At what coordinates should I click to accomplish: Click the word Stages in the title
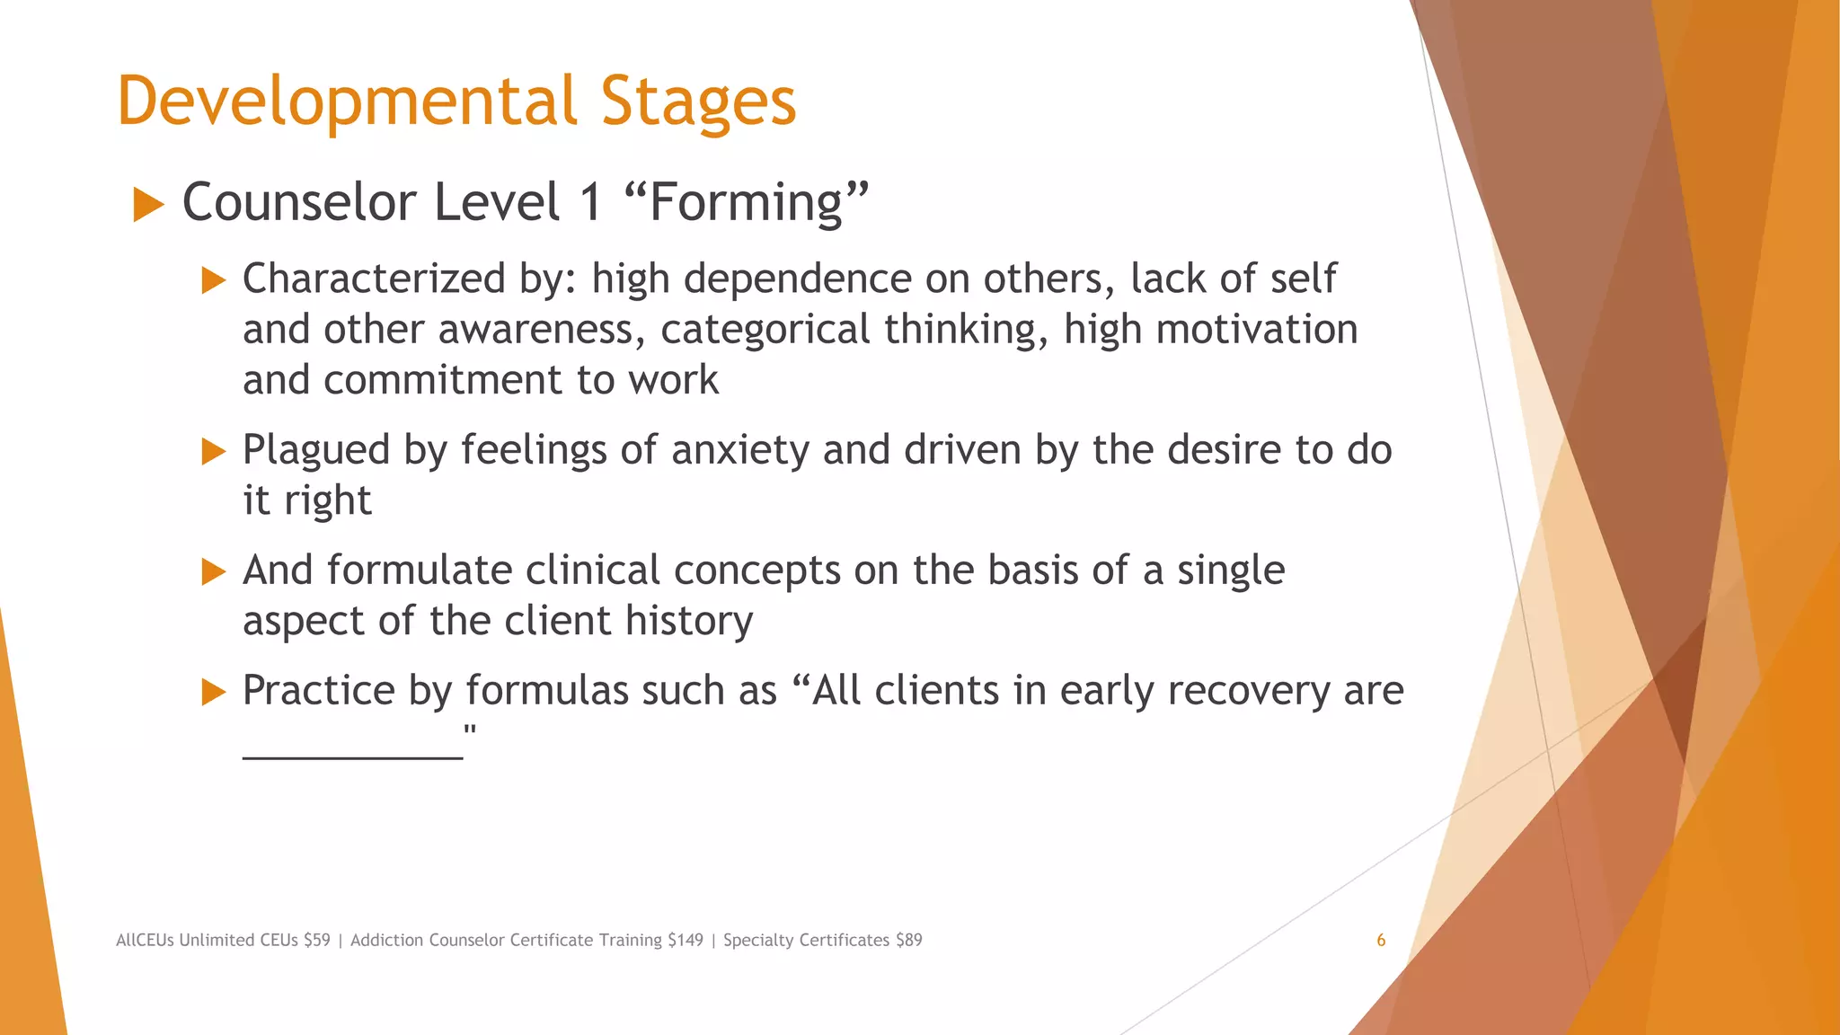[x=698, y=102]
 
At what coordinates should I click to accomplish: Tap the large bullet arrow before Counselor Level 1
[x=148, y=204]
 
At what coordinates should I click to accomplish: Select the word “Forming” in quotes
[x=747, y=202]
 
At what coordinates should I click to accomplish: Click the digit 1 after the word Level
[x=590, y=202]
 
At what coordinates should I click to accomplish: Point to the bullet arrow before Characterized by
[x=214, y=280]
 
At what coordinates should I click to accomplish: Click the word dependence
[x=797, y=279]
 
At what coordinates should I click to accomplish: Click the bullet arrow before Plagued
[x=214, y=451]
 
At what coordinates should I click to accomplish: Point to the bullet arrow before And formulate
[x=214, y=571]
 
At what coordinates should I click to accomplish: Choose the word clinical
[x=592, y=570]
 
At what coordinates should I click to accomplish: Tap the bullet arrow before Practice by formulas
[x=214, y=692]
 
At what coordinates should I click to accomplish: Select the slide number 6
[x=1381, y=941]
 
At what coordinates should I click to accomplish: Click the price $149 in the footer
[x=686, y=941]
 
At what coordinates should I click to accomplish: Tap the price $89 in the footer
[x=908, y=941]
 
